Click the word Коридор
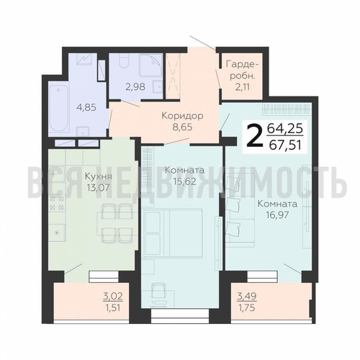pyautogui.click(x=182, y=116)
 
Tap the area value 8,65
pyautogui.click(x=182, y=127)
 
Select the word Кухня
pyautogui.click(x=99, y=176)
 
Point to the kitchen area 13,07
pyautogui.click(x=98, y=187)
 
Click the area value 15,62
pyautogui.click(x=185, y=181)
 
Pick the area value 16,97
pyautogui.click(x=277, y=215)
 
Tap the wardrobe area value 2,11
pyautogui.click(x=243, y=87)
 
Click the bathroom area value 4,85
pyautogui.click(x=86, y=107)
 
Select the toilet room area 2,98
pyautogui.click(x=135, y=86)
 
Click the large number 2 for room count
pyautogui.click(x=254, y=136)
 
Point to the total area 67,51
pyautogui.click(x=285, y=145)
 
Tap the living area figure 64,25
pyautogui.click(x=285, y=129)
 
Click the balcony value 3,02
pyautogui.click(x=113, y=297)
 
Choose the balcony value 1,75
pyautogui.click(x=246, y=307)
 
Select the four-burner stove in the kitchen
pyautogui.click(x=58, y=203)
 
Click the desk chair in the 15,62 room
pyautogui.click(x=158, y=290)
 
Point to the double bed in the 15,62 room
pyautogui.click(x=172, y=233)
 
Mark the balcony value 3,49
pyautogui.click(x=247, y=297)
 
